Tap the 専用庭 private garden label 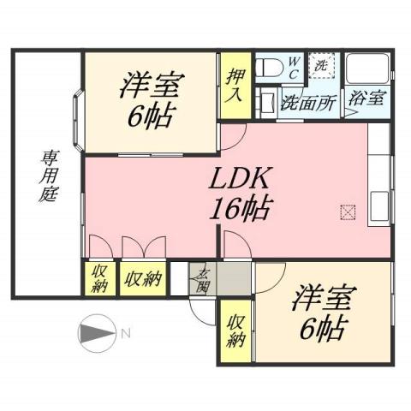click(47, 176)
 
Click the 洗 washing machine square click(321, 65)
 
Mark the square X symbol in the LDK click(347, 211)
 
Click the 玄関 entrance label click(203, 278)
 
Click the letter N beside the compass click(125, 332)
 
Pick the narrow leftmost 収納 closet click(99, 277)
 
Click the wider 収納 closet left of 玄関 click(142, 277)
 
